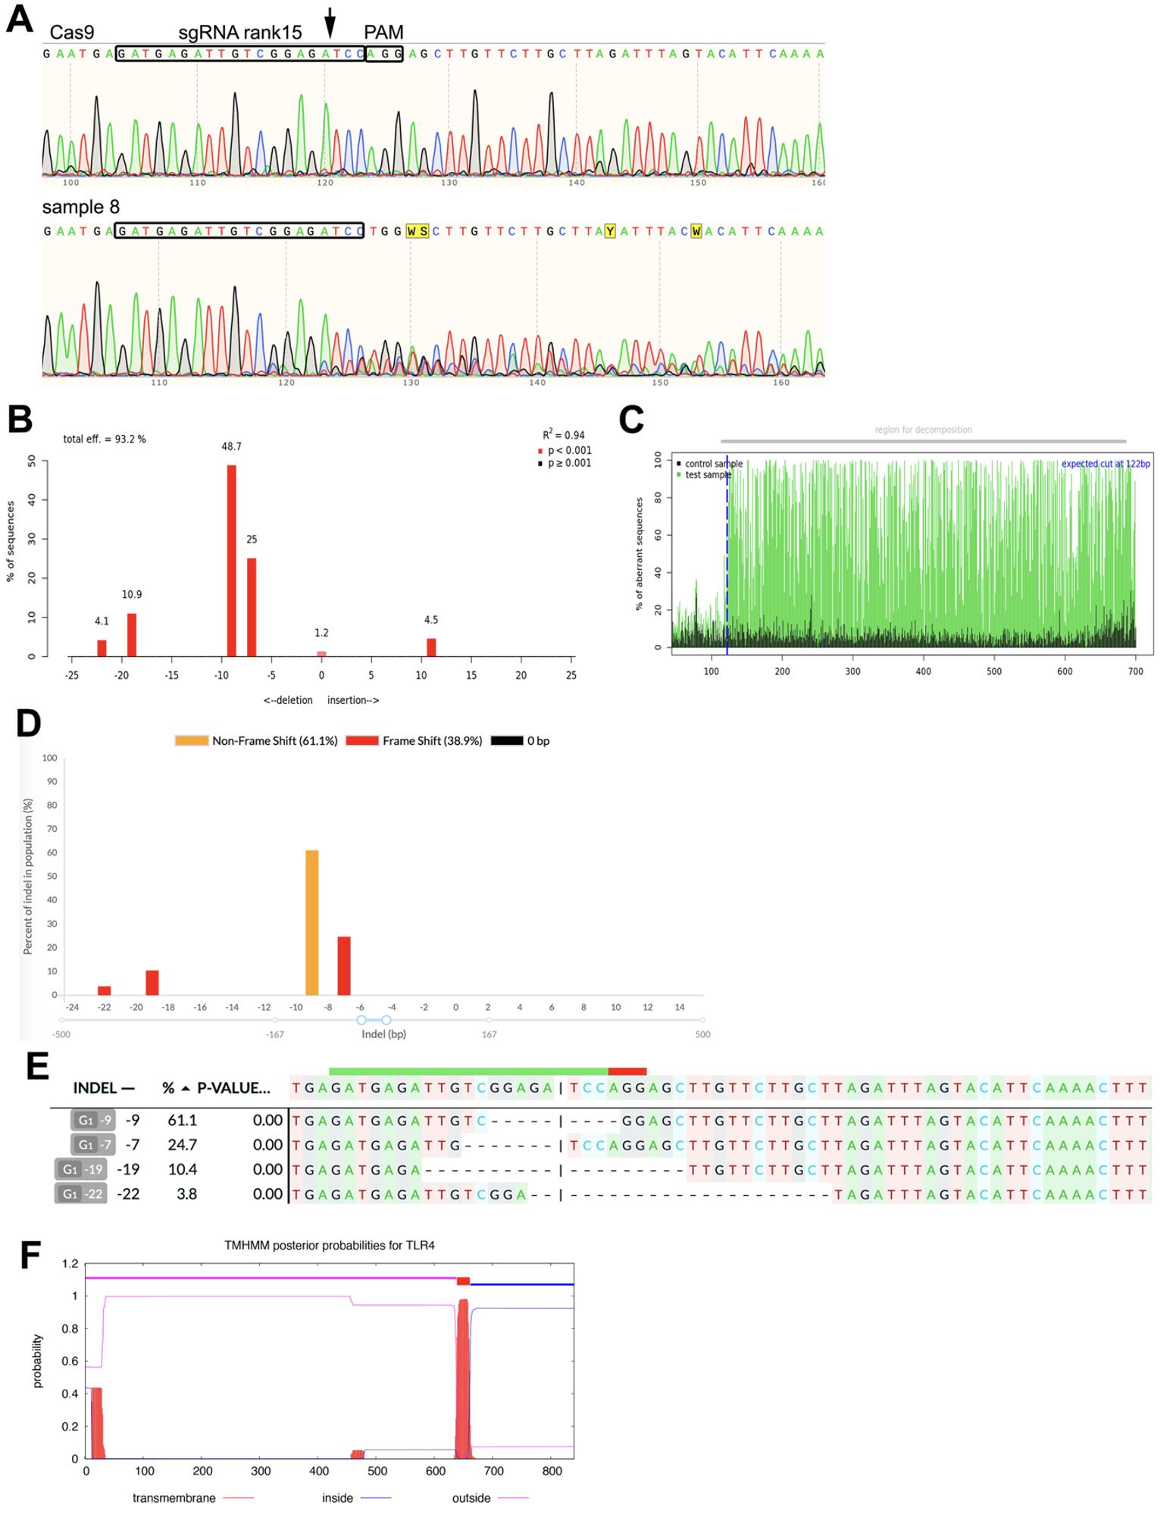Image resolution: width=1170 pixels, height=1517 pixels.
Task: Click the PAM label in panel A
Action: click(x=383, y=32)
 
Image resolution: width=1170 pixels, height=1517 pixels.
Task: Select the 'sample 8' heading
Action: click(x=81, y=207)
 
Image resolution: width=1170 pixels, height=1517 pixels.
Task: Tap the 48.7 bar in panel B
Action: click(x=232, y=560)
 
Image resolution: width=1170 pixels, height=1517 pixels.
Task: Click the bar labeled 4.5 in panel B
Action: click(x=431, y=647)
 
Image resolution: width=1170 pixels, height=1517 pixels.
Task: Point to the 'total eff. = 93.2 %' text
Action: click(x=105, y=439)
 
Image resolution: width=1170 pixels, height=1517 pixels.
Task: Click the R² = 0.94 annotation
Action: click(x=563, y=435)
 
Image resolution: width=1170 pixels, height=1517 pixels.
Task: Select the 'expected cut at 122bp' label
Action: click(x=1106, y=464)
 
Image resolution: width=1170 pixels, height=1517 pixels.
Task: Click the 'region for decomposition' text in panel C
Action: click(x=923, y=430)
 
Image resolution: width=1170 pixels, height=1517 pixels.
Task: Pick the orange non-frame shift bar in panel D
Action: click(x=311, y=922)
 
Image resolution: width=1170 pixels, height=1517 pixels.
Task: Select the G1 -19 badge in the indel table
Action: click(x=80, y=1169)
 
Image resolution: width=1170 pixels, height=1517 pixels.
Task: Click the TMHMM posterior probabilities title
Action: click(x=330, y=1245)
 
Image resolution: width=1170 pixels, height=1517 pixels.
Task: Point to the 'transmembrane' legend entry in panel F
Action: click(x=174, y=1498)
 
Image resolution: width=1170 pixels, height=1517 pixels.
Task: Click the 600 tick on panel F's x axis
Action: click(x=435, y=1471)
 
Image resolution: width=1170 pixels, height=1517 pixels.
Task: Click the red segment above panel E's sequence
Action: click(x=627, y=1071)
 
